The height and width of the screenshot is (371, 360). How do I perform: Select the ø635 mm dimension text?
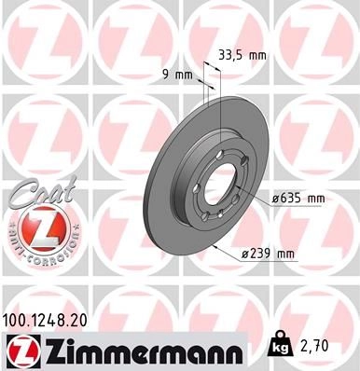pyautogui.click(x=298, y=199)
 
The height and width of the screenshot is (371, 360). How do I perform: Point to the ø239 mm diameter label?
pyautogui.click(x=268, y=254)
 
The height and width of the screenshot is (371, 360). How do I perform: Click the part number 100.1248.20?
pyautogui.click(x=45, y=321)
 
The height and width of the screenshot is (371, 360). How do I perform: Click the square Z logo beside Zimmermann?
pyautogui.click(x=22, y=352)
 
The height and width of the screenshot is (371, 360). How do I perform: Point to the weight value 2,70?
pyautogui.click(x=315, y=346)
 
